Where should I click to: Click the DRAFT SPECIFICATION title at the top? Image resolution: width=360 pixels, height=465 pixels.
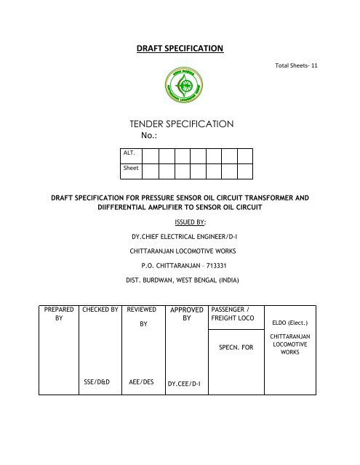point(180,49)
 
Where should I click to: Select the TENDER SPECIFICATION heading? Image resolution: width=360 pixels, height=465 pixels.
point(180,124)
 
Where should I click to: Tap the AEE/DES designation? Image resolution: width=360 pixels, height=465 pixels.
point(142,379)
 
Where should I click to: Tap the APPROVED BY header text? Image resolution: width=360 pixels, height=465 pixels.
point(186,314)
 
